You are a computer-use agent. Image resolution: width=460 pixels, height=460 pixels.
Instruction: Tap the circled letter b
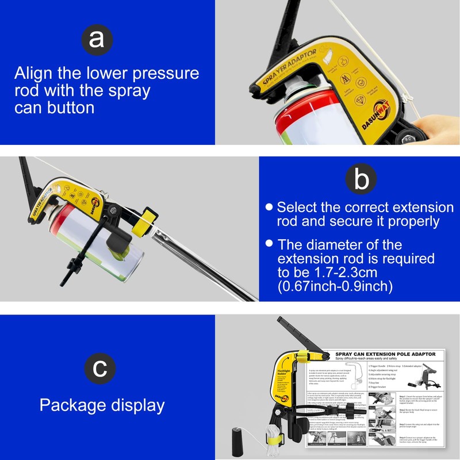point(361,181)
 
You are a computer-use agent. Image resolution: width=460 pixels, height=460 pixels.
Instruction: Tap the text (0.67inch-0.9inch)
point(335,286)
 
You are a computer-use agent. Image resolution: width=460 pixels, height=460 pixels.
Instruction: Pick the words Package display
point(102,405)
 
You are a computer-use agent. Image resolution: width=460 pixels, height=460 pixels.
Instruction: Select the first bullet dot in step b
point(268,208)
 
